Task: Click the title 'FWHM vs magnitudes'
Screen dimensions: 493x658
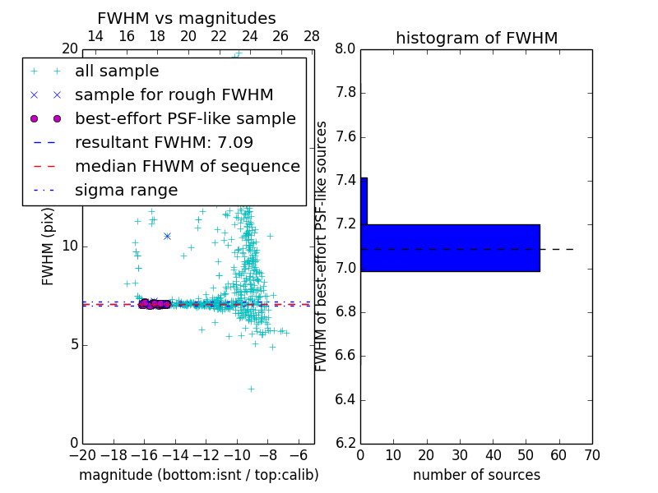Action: pos(186,19)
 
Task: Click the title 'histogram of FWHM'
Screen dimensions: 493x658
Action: pos(476,38)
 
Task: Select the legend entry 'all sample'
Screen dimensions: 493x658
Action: pos(117,71)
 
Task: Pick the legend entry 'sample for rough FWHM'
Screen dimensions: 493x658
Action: pos(174,94)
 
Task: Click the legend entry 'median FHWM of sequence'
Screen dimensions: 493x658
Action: pos(187,166)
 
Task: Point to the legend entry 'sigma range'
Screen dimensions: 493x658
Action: pos(126,190)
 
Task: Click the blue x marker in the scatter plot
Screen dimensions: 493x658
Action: pos(167,236)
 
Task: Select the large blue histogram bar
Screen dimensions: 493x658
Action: pos(450,247)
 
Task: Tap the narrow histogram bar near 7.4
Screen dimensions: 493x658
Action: pos(364,200)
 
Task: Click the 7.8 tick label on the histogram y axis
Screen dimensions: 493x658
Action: pos(344,93)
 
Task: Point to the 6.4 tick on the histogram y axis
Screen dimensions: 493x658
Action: pos(344,400)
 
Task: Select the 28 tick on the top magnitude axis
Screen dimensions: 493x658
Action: pos(312,36)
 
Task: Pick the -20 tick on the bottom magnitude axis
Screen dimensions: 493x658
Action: pos(82,454)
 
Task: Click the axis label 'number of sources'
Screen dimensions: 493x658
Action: pos(476,475)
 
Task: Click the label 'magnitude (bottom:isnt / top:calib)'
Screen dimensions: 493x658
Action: pos(198,475)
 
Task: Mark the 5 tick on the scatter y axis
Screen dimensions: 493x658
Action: pos(72,344)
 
